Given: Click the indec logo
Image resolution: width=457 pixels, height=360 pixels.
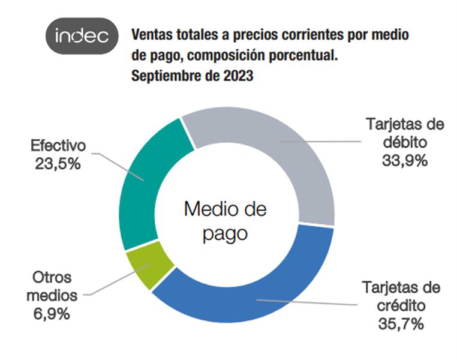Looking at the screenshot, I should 82,37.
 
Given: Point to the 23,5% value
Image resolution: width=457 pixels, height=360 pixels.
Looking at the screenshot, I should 58,164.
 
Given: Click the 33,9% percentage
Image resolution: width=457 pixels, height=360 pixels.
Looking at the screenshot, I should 404,160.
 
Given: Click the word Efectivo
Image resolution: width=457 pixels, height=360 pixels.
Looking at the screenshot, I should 58,146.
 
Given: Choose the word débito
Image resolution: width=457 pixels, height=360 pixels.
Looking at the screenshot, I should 404,143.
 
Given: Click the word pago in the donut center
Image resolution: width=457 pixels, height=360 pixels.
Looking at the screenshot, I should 225,233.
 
